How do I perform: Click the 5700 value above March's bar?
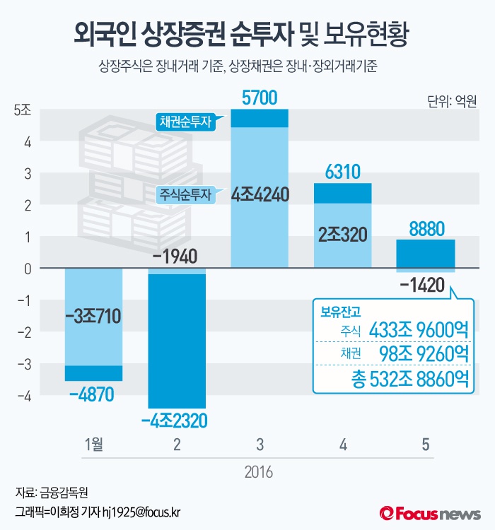(x=260, y=98)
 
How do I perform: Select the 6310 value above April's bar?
(x=342, y=172)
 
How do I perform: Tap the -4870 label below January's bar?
(x=92, y=395)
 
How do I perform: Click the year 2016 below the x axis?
(x=260, y=471)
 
